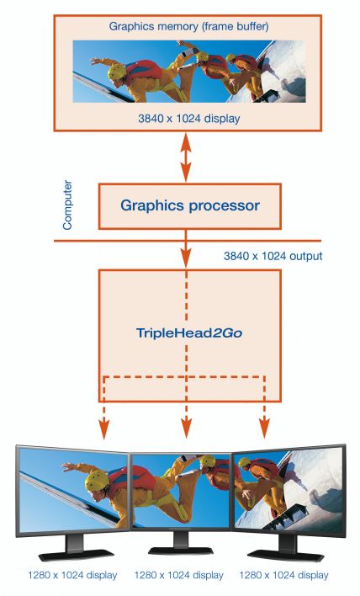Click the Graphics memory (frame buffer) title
(188, 27)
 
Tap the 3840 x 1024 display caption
(188, 118)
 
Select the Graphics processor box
(190, 206)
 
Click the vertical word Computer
(67, 205)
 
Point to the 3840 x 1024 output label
(273, 256)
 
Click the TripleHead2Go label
(189, 333)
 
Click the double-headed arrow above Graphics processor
(186, 157)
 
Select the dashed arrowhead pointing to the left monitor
(103, 430)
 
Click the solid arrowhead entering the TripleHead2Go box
(186, 258)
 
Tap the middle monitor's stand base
(180, 551)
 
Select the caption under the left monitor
(72, 575)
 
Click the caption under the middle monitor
(178, 575)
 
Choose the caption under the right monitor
(283, 575)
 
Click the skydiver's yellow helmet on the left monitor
(97, 481)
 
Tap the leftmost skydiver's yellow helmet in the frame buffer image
(117, 72)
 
